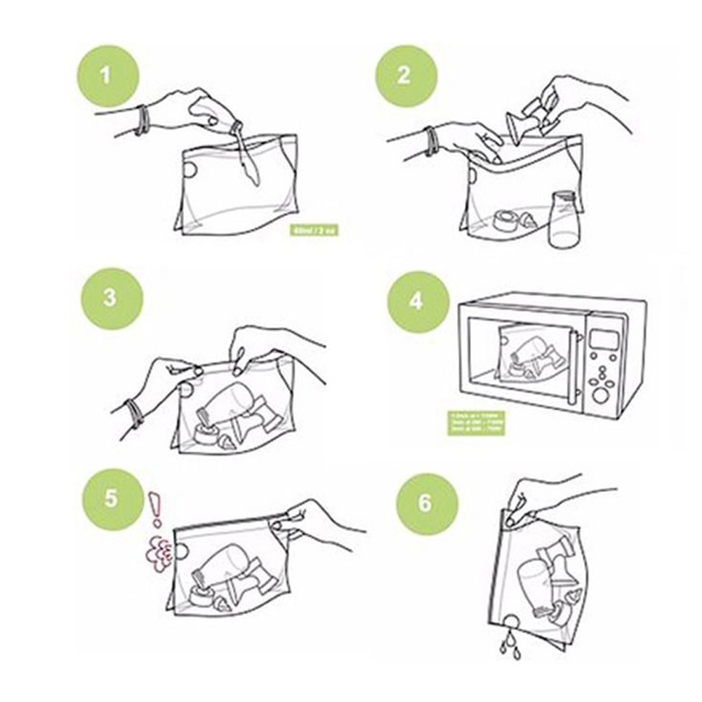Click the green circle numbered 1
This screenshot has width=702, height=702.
click(x=107, y=74)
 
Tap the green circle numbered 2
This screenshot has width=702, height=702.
click(x=406, y=75)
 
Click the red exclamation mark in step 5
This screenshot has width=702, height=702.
click(x=156, y=508)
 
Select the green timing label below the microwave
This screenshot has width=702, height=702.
click(x=477, y=423)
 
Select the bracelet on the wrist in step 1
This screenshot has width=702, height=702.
click(x=143, y=119)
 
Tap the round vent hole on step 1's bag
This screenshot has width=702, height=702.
click(x=189, y=168)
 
